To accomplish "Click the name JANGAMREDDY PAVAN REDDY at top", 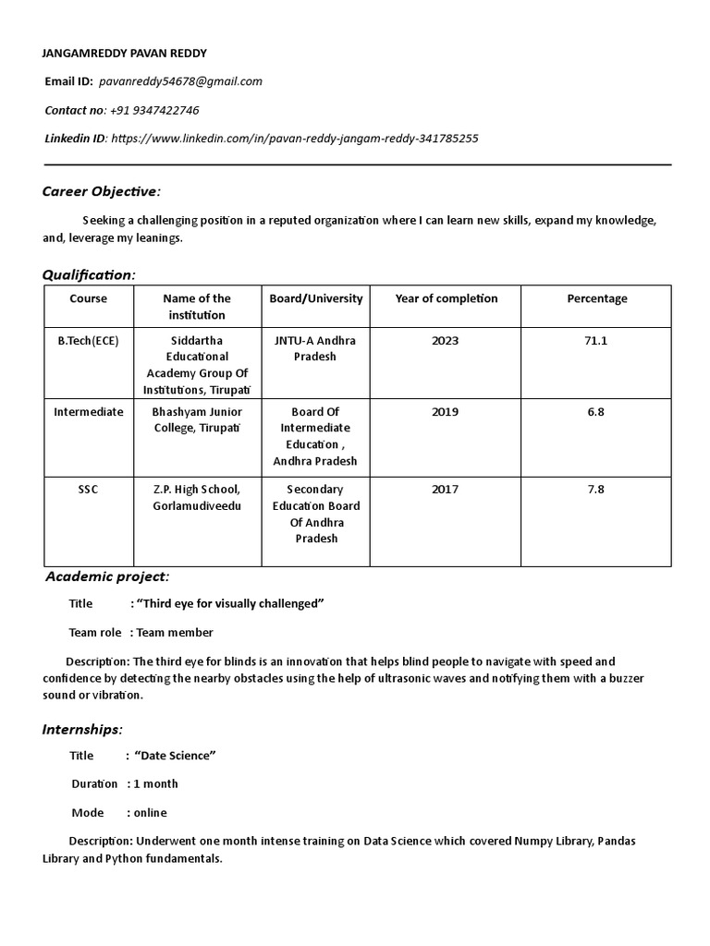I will (126, 53).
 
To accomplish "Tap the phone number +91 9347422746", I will (154, 110).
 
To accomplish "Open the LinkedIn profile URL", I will (294, 139).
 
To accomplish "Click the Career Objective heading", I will (102, 191).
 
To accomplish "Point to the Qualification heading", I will (89, 274).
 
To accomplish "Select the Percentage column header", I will (596, 298).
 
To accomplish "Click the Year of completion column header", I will (446, 298).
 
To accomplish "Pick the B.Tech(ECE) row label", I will (89, 340).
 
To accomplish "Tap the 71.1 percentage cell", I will (596, 340).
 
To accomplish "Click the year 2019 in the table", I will (445, 412).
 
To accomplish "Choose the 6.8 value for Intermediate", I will (596, 412).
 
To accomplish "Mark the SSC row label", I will (89, 490).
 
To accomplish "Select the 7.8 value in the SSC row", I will (596, 490).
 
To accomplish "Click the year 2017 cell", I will (445, 490).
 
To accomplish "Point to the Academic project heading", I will (108, 577).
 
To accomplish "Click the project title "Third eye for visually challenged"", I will (230, 604).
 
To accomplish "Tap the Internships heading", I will (82, 730).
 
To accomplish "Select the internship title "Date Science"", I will (175, 756).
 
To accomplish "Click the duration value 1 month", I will (156, 784).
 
